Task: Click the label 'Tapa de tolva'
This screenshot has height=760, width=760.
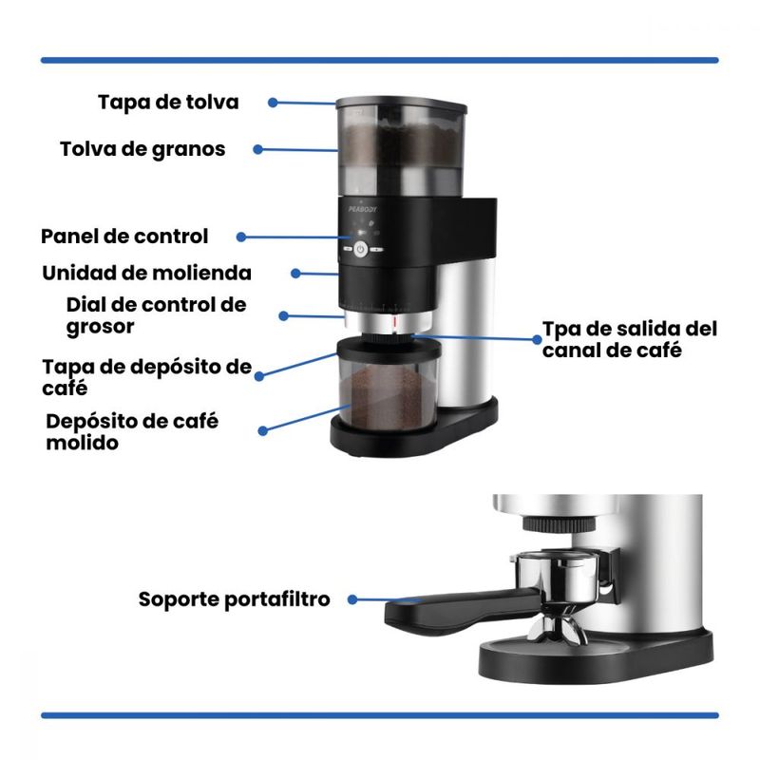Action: pos(168,103)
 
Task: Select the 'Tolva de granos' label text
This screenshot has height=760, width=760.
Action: pos(142,150)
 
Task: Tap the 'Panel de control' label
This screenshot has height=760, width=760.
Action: pos(124,237)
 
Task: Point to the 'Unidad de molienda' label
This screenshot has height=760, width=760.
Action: pos(147,274)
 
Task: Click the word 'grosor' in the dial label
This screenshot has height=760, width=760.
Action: pos(101,328)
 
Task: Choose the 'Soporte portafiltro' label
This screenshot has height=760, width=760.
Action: pos(234,599)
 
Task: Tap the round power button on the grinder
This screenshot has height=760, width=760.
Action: pos(360,249)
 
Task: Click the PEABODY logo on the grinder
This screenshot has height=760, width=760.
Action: pos(363,209)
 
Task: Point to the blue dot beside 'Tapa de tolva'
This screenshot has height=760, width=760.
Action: pos(273,103)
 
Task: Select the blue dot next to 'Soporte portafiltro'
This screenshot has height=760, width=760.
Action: pos(352,599)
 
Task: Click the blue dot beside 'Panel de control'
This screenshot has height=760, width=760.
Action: pos(241,237)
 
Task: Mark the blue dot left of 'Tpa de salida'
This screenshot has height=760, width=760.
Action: pos(537,340)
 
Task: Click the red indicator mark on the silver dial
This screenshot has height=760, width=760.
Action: pos(395,323)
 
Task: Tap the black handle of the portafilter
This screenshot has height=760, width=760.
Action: pos(461,612)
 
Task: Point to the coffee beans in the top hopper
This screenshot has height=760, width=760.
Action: pos(400,143)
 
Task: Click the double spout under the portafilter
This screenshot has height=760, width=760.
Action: pos(557,630)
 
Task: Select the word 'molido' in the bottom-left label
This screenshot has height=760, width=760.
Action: pos(83,443)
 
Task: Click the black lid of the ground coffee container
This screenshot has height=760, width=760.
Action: pos(389,348)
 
